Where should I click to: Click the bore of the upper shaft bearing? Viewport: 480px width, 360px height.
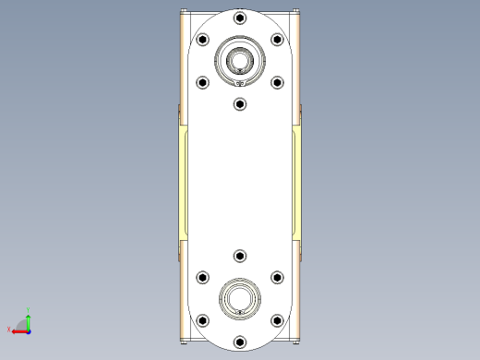(240, 61)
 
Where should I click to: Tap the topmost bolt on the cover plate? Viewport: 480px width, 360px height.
(240, 18)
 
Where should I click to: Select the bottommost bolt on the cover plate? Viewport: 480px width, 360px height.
(240, 341)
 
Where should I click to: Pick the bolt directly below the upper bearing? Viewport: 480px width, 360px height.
(240, 103)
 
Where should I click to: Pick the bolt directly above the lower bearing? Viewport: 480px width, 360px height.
(240, 256)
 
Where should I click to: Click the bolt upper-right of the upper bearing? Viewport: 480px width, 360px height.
(277, 40)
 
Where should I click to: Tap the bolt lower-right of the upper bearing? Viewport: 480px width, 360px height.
(277, 82)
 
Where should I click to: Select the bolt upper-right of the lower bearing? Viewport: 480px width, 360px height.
(277, 277)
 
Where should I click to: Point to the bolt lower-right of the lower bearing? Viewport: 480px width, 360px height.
(277, 319)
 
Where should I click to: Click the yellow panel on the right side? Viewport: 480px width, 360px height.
(296, 185)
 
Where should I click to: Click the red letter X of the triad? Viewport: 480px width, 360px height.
(8, 329)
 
